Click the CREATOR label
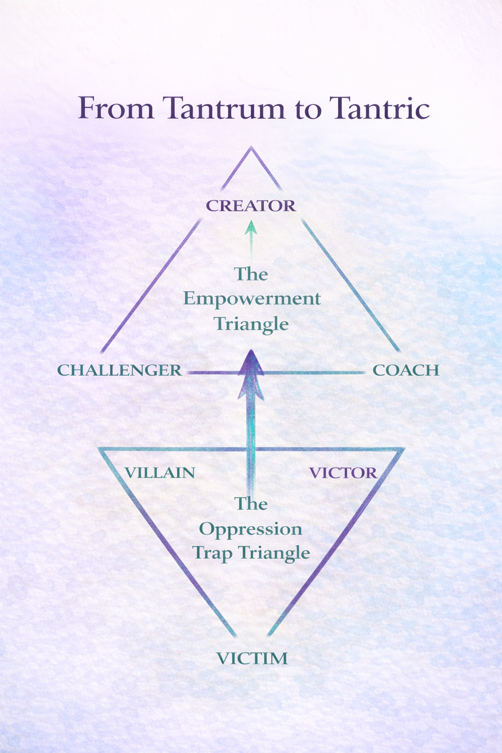tap(251, 206)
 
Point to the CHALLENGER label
tap(120, 370)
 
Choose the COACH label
tap(406, 370)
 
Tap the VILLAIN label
tap(160, 473)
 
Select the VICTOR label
tap(343, 473)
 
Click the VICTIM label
tap(252, 658)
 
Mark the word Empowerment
tap(252, 299)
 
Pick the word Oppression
tap(251, 529)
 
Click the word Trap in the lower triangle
tap(212, 553)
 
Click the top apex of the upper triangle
tap(251, 147)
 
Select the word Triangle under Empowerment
tap(251, 324)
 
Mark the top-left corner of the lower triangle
tap(100, 449)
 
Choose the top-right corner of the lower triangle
tap(403, 449)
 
